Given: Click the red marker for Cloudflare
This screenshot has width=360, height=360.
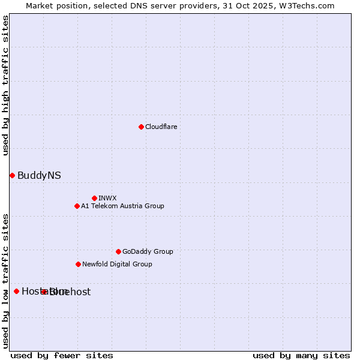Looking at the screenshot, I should (141, 127).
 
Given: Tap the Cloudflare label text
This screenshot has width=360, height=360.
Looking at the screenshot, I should (161, 127).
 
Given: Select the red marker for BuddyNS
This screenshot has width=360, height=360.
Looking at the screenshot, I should (12, 175).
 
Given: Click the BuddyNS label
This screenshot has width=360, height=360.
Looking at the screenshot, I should (39, 175).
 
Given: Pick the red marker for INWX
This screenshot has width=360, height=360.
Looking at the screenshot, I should (94, 198).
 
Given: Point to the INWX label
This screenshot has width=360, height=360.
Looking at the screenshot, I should (107, 198).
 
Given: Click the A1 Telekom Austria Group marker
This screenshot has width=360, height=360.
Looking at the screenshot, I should (77, 206).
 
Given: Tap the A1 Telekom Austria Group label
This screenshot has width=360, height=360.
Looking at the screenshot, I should (122, 206).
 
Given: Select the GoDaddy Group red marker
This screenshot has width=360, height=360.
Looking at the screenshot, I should (118, 251).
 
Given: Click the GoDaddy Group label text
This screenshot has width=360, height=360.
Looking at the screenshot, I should (148, 251).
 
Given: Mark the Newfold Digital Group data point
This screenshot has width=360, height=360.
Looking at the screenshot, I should (78, 264).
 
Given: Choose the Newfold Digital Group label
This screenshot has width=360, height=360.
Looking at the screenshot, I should (117, 264).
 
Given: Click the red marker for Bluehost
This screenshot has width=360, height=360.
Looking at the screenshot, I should (44, 292).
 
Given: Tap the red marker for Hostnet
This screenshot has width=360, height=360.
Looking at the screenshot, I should (16, 291).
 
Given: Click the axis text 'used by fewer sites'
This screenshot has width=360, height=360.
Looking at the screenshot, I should (62, 355).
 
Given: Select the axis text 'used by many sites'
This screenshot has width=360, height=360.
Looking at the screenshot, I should (301, 355).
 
